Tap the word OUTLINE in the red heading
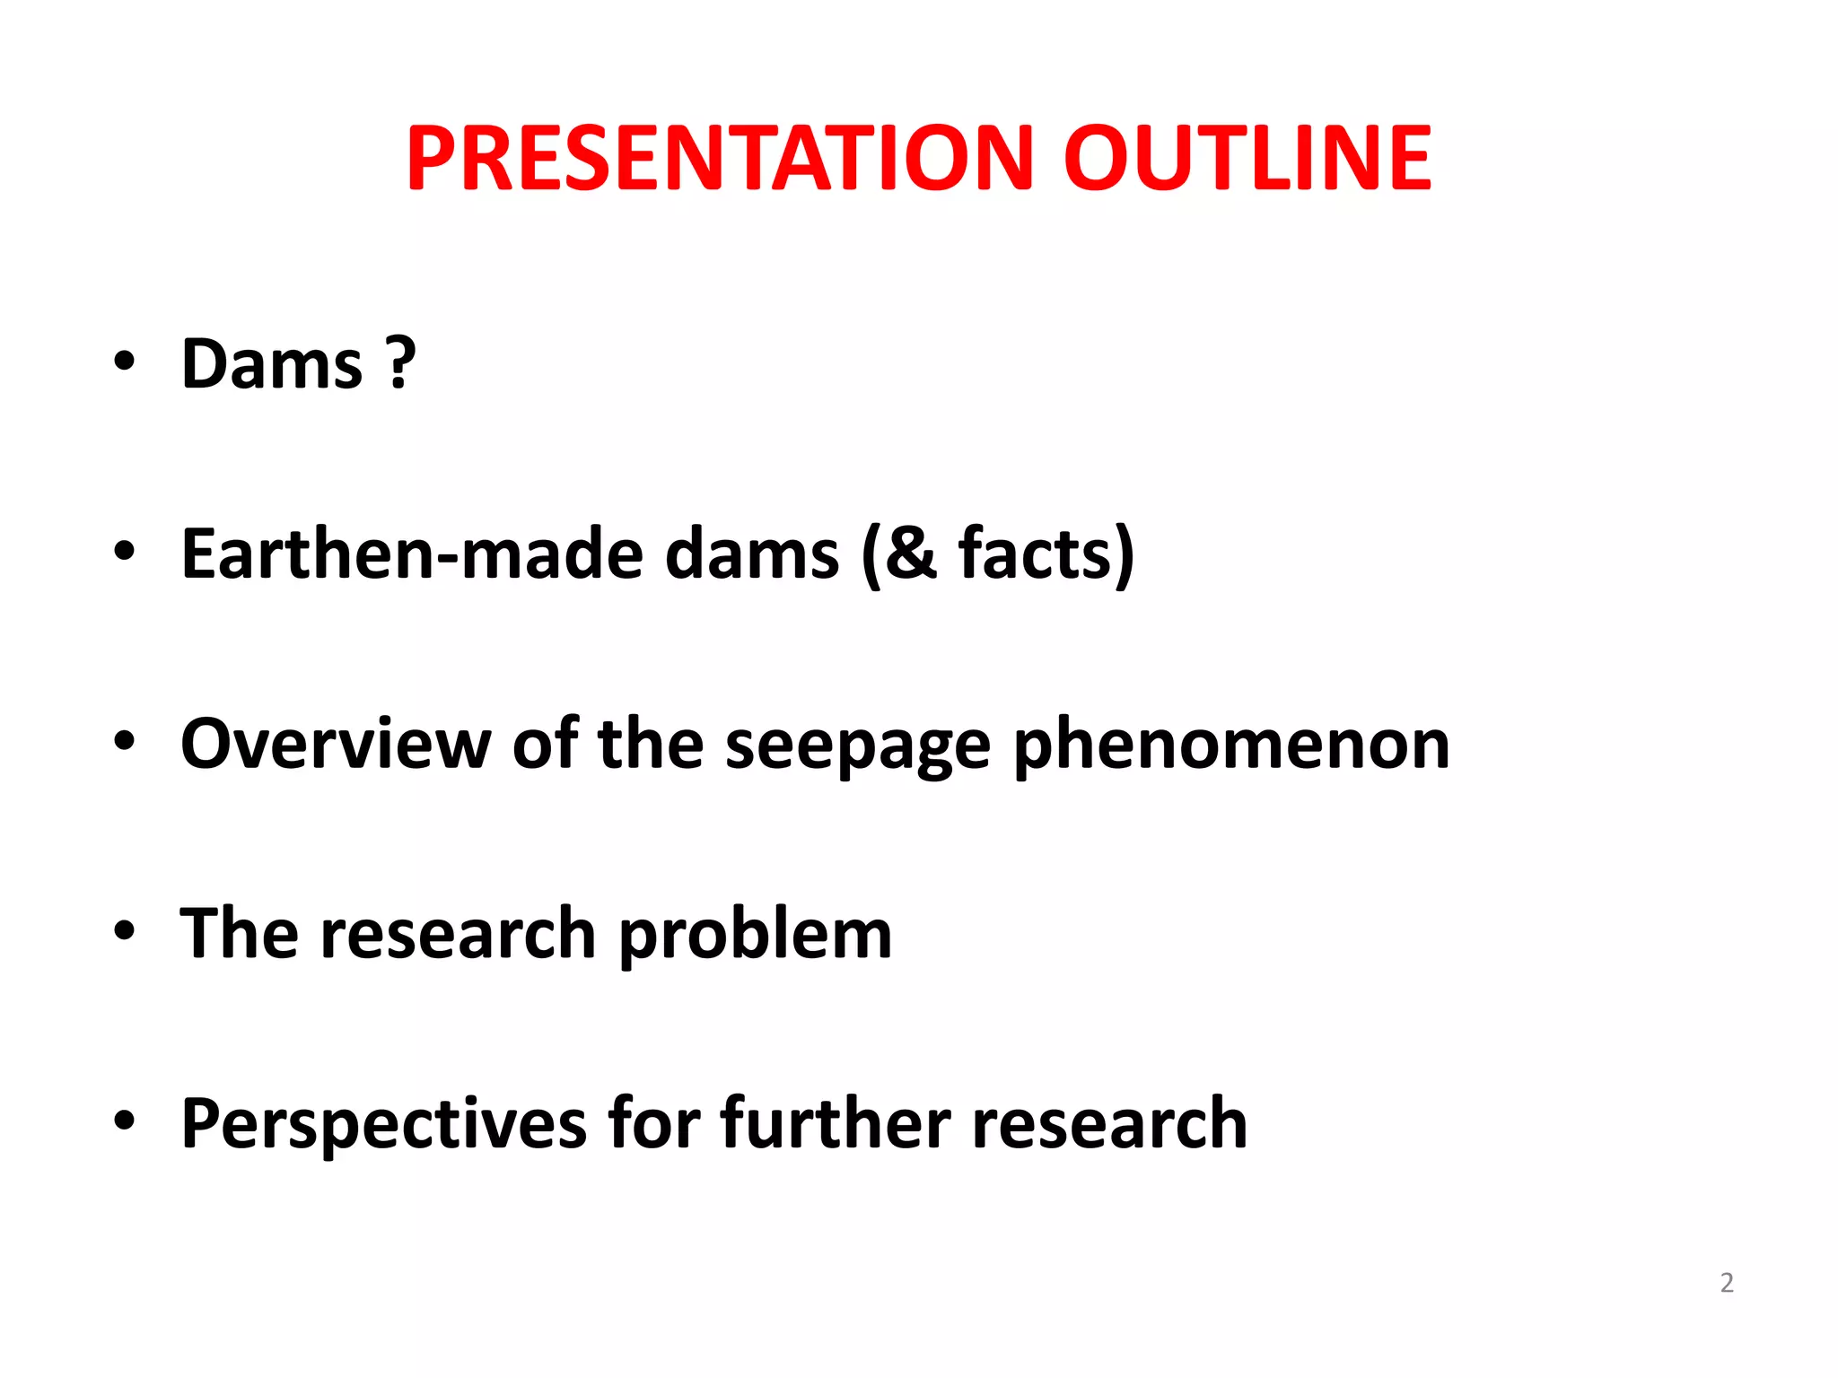pyautogui.click(x=1247, y=159)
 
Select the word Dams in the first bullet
pyautogui.click(x=272, y=364)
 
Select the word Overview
pyautogui.click(x=336, y=744)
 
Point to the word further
pyautogui.click(x=835, y=1123)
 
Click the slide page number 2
pyautogui.click(x=1727, y=1283)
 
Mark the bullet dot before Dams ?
pyautogui.click(x=124, y=362)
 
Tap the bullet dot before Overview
pyautogui.click(x=124, y=741)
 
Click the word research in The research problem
pyautogui.click(x=458, y=934)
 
